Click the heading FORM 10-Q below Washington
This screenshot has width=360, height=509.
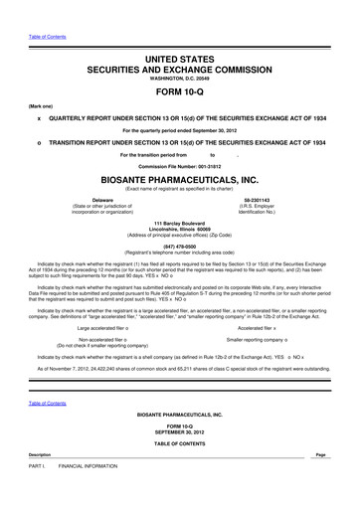[179, 88]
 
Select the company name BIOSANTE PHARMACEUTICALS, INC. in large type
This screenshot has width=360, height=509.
[179, 181]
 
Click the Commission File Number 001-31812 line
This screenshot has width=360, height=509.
[179, 166]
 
